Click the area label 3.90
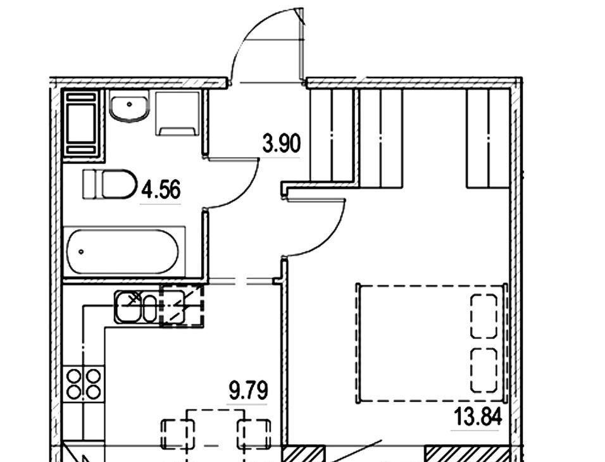point(281,144)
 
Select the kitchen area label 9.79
point(248,390)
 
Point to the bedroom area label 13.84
point(478,416)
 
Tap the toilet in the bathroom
point(110,184)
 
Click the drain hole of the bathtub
point(81,252)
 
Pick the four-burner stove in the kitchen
point(84,384)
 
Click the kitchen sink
point(136,307)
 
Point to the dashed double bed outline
point(432,343)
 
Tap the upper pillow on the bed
point(483,316)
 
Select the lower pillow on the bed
point(483,370)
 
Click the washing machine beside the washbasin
point(177,113)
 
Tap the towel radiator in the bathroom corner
point(82,123)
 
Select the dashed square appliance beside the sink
point(182,305)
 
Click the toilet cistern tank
point(89,184)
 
